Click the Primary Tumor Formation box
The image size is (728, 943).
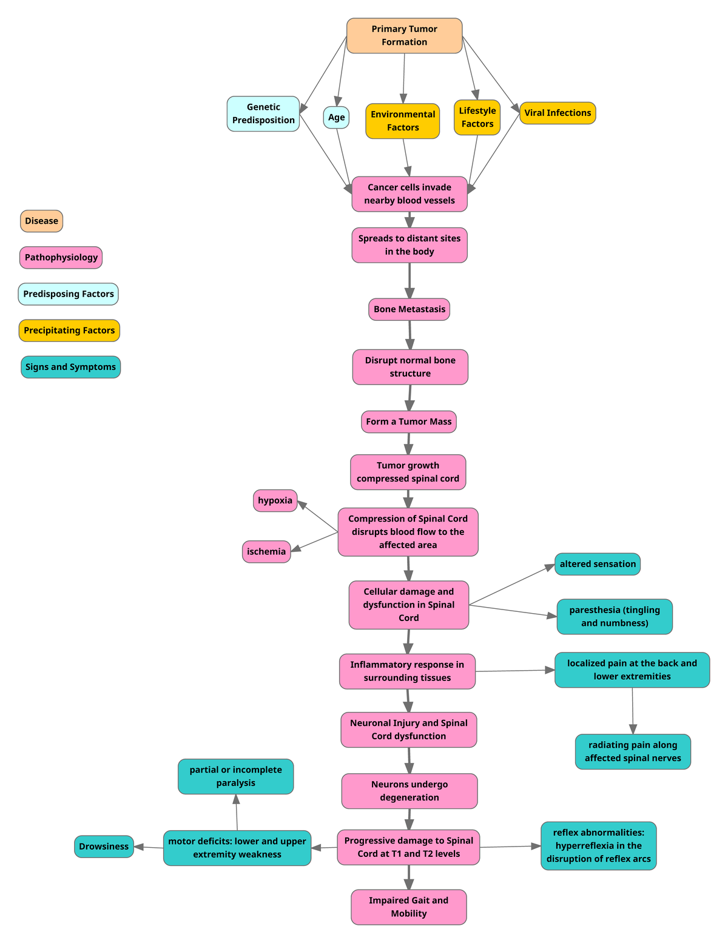tap(404, 36)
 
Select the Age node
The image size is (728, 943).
tap(336, 118)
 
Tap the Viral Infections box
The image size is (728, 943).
tap(558, 113)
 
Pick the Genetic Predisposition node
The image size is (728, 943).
tap(263, 114)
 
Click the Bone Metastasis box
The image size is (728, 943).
tap(409, 309)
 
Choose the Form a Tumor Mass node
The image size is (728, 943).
tap(409, 421)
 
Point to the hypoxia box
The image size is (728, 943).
tap(275, 501)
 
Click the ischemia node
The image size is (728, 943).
tap(266, 552)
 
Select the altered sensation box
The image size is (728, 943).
tap(598, 564)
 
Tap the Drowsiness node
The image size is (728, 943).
tap(104, 847)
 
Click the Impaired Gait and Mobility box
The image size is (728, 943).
tap(409, 907)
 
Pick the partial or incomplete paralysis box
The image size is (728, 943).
tap(235, 776)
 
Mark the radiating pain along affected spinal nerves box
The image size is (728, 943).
tap(633, 752)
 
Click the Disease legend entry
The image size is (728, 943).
tap(41, 221)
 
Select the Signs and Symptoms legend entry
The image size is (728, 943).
tap(70, 367)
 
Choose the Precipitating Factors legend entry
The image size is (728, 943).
tap(69, 331)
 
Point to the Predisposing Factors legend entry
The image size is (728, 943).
tap(69, 294)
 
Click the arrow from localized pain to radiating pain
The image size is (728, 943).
tap(633, 711)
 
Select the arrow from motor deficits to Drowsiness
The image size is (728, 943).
tap(149, 847)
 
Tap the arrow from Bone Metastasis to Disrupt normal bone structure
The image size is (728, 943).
tap(410, 335)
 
